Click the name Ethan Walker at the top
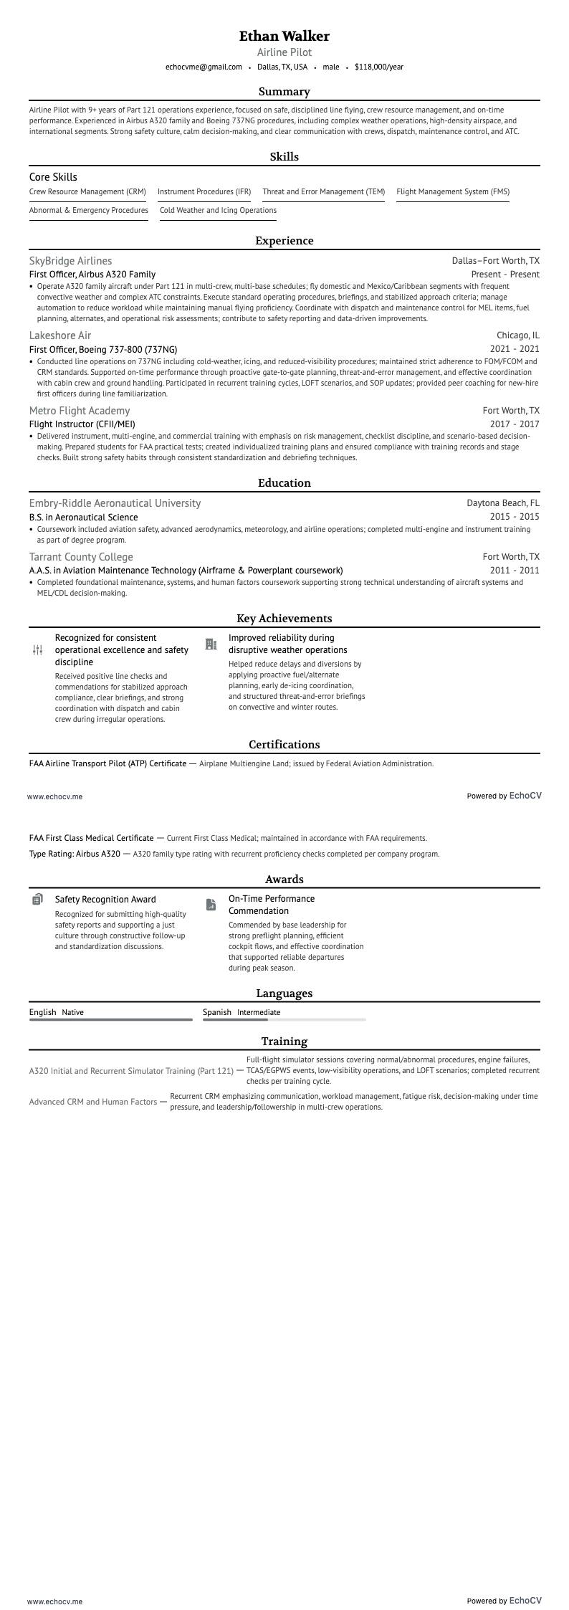pos(284,36)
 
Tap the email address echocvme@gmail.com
pos(204,67)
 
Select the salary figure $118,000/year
pos(378,67)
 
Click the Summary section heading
pos(284,92)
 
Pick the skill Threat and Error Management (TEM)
pos(323,192)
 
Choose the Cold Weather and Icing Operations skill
pos(218,211)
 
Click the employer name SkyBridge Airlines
pos(70,261)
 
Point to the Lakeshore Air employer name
pos(60,335)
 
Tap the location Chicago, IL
pos(518,335)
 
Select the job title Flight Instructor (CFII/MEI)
pos(82,424)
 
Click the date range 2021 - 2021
pos(515,349)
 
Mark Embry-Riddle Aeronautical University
pos(115,503)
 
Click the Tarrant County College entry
pos(81,557)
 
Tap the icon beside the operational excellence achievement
pos(38,650)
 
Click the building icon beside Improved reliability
pos(211,644)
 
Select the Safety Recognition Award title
pos(105,900)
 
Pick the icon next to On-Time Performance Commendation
pos(211,905)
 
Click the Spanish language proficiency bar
pos(284,1019)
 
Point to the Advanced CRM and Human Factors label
pos(93,1102)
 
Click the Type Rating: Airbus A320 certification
pos(75,854)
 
